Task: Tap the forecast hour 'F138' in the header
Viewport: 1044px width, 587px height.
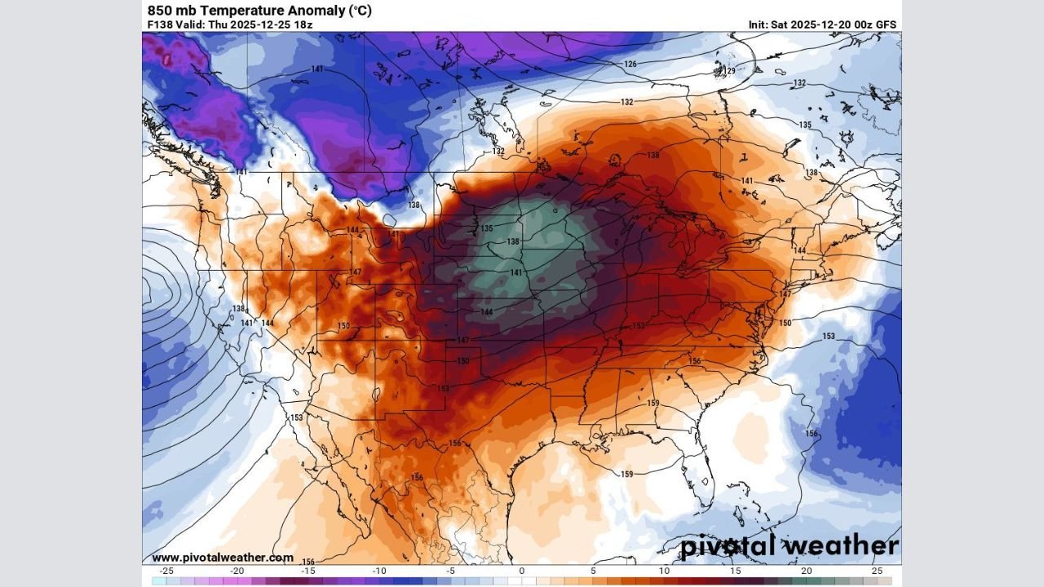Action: [160, 24]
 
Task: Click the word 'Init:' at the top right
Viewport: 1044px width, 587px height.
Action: [759, 24]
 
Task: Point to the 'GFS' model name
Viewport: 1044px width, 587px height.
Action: [886, 24]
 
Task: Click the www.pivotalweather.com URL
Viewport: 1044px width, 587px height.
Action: [222, 558]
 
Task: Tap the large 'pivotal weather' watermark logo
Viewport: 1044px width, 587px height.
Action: [790, 545]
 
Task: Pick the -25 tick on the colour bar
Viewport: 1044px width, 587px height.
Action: [166, 571]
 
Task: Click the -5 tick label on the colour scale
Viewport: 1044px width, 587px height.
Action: [449, 571]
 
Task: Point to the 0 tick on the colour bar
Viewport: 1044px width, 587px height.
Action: [522, 571]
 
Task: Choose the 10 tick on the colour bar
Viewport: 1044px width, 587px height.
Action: [664, 571]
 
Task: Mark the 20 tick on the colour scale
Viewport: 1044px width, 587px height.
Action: [806, 571]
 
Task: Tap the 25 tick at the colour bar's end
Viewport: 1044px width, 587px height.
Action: [877, 571]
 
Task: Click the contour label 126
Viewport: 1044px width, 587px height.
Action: [630, 64]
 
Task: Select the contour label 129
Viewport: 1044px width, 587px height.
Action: [730, 72]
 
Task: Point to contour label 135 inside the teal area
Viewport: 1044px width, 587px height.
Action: [487, 228]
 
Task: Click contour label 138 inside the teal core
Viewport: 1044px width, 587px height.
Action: [513, 242]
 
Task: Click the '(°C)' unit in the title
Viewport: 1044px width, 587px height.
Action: [361, 11]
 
